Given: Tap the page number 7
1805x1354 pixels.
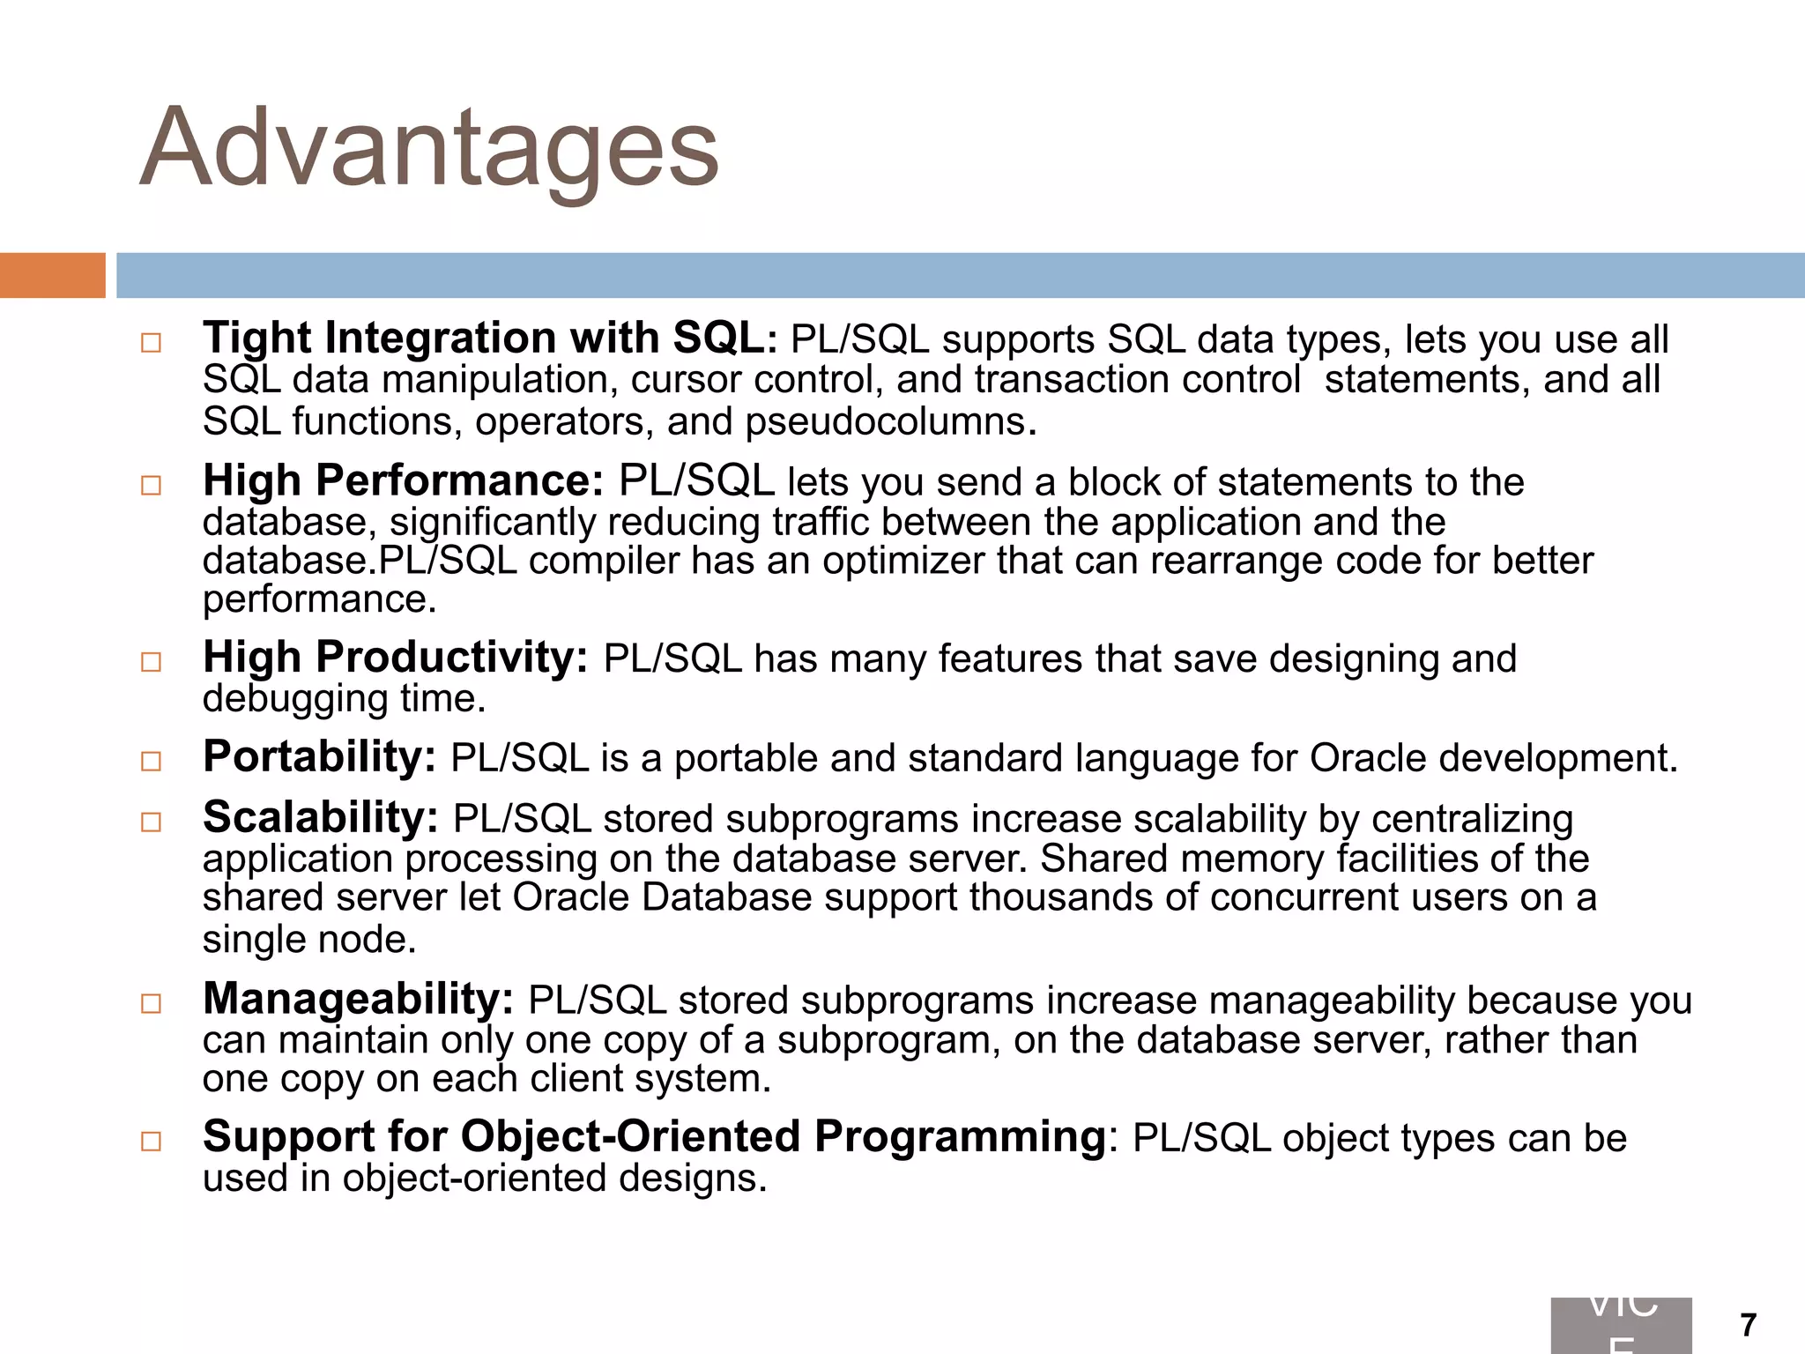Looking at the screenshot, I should tap(1749, 1325).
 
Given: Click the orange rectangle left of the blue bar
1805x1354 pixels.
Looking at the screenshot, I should tap(52, 275).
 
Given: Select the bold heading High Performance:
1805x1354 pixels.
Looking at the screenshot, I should tap(403, 481).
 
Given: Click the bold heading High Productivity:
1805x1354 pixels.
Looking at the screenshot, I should tap(395, 658).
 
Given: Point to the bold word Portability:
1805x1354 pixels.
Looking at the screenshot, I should tap(319, 757).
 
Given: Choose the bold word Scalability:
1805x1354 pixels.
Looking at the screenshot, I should tap(320, 818).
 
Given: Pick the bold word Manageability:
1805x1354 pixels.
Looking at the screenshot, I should tap(358, 1000).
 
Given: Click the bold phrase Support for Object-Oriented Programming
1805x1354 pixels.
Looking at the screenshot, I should tap(654, 1136).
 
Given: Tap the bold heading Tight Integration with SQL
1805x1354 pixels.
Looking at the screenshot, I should tap(483, 338).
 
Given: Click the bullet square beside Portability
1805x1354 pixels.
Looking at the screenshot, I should tap(151, 761).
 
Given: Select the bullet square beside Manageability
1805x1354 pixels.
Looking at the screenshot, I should tap(151, 1003).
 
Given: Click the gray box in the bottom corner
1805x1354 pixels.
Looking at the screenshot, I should tap(1621, 1326).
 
